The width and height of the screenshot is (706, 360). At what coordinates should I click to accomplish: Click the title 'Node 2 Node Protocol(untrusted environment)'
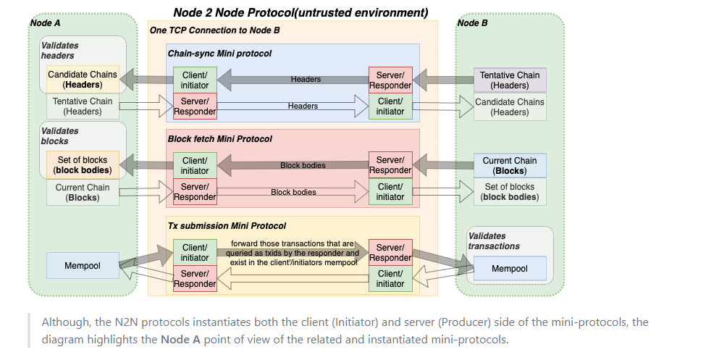(x=301, y=12)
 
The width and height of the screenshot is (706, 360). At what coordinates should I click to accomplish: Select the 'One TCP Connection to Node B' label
(x=214, y=30)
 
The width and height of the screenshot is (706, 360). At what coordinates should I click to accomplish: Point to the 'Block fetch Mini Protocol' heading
(x=219, y=138)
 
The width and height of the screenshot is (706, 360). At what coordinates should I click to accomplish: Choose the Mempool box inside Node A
(x=82, y=266)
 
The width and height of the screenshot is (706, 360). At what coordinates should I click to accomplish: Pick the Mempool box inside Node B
(x=510, y=269)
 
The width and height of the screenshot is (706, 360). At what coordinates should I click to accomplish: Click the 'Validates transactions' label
(x=494, y=240)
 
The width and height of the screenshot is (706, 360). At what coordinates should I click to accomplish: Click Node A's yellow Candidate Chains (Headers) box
(x=83, y=80)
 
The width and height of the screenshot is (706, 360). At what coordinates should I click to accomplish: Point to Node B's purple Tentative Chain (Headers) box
(x=510, y=80)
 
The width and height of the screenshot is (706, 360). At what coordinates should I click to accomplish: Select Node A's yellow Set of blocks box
(x=83, y=165)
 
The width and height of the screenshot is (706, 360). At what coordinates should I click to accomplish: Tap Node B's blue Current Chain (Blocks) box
(x=510, y=166)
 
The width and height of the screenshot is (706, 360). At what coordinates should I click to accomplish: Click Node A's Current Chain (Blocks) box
(x=83, y=192)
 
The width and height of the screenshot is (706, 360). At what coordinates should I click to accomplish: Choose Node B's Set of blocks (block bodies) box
(x=510, y=192)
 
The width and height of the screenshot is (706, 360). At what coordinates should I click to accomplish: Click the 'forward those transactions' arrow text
(x=293, y=253)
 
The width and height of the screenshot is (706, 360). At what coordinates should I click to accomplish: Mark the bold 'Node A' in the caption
(x=180, y=338)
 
